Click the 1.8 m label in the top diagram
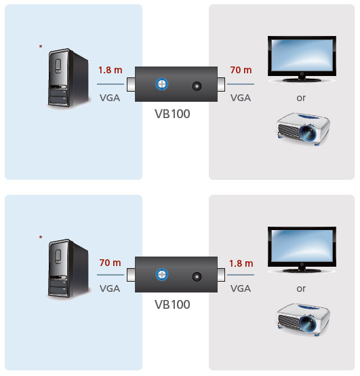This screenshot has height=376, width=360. tap(111, 70)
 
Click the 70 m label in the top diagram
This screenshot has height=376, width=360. tap(241, 70)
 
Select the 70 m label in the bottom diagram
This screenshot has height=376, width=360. tap(111, 263)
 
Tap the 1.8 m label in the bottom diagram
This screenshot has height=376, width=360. tap(241, 263)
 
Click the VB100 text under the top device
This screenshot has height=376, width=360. tap(172, 113)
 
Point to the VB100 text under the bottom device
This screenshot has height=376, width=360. tap(172, 304)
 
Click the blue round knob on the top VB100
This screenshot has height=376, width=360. tap(162, 84)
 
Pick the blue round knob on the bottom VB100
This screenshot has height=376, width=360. tap(162, 274)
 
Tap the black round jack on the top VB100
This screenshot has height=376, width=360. tap(197, 86)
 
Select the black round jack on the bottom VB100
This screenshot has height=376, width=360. tap(197, 277)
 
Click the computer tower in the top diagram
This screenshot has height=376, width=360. tap(68, 77)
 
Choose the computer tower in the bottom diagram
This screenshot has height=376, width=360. tap(68, 268)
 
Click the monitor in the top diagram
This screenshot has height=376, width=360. tap(302, 59)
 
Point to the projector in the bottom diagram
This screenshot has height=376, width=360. tap(303, 320)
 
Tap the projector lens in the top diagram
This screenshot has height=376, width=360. tap(308, 133)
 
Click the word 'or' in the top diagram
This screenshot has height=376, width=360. tap(301, 98)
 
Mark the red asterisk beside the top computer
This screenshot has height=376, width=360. tap(41, 46)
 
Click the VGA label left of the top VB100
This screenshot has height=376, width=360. tap(110, 98)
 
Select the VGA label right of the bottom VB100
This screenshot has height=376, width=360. tap(241, 288)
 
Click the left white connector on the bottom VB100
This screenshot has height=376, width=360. tap(131, 275)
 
